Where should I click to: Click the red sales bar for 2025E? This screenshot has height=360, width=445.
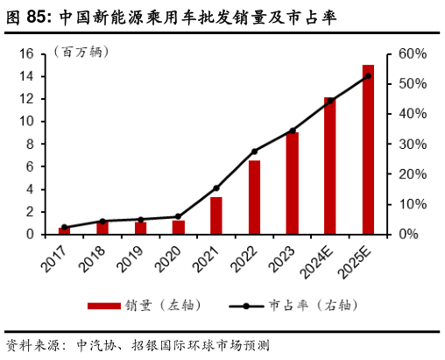point(368,149)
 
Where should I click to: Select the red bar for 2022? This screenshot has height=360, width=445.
point(254,198)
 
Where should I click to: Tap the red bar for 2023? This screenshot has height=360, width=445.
point(292,183)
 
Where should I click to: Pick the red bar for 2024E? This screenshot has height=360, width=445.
point(329,166)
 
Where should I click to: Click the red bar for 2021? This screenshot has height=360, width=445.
point(216,215)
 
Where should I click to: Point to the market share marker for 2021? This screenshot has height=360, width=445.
point(216,187)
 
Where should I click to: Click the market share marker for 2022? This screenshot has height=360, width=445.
point(254,152)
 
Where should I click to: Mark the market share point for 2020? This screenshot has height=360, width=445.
point(178,216)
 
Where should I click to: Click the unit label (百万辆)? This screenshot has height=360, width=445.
point(81,52)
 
